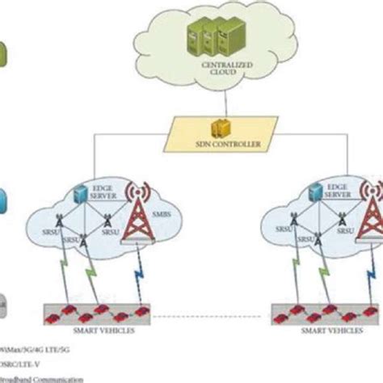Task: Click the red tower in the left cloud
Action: point(144,226)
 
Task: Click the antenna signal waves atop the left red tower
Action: point(143,195)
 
